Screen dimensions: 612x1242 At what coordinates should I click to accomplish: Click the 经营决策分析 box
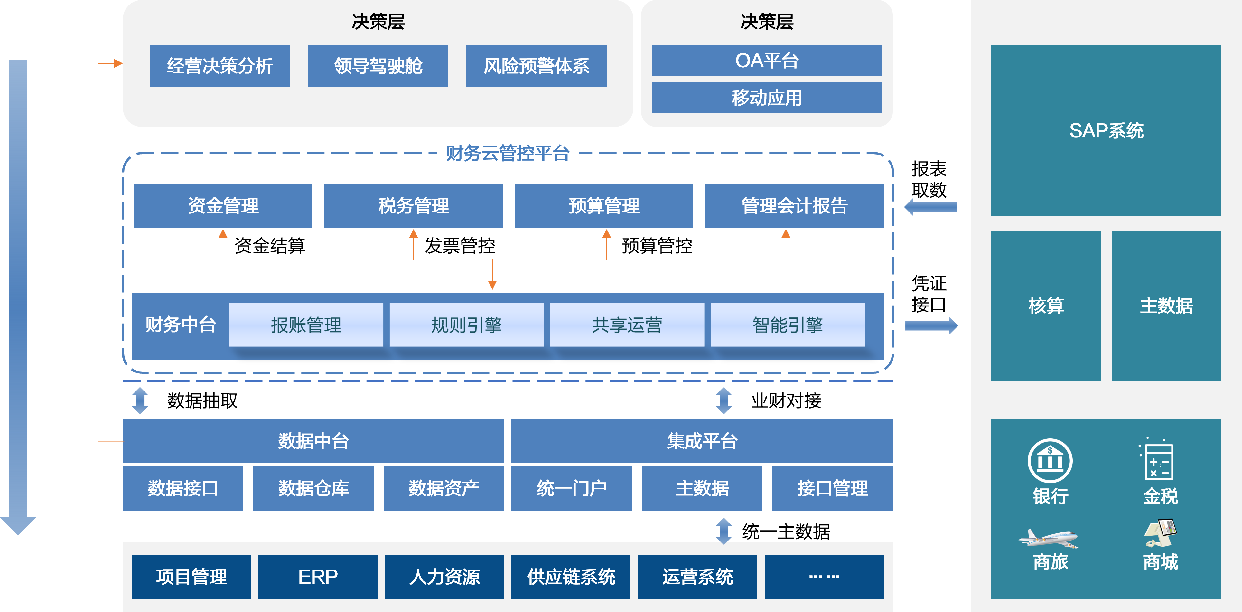click(x=219, y=66)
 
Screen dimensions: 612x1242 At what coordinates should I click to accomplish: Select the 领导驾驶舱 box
click(x=378, y=66)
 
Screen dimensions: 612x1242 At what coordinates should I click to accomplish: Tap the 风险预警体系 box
click(x=536, y=66)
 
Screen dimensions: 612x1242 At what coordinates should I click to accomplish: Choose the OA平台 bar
click(x=767, y=60)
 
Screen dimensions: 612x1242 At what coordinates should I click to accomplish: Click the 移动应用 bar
click(x=767, y=98)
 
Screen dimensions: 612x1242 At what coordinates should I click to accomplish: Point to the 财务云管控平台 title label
click(x=507, y=153)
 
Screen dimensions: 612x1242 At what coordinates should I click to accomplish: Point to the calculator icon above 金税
click(x=1158, y=461)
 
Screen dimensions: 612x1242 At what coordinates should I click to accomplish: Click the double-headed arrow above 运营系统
click(x=724, y=531)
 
